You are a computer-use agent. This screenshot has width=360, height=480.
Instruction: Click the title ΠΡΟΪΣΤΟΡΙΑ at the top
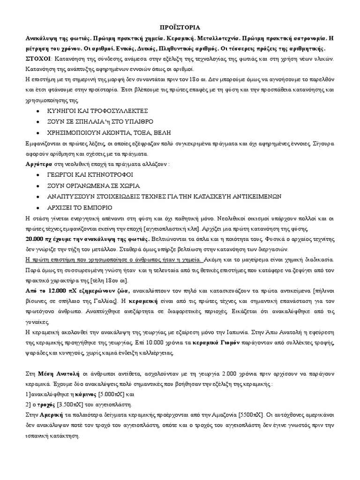click(180, 28)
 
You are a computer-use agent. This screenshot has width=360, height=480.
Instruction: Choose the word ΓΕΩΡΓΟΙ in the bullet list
click(63, 175)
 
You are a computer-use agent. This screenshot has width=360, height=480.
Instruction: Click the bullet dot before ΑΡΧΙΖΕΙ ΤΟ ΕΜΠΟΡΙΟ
click(37, 207)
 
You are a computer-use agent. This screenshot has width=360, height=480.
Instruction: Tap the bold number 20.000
click(36, 239)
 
